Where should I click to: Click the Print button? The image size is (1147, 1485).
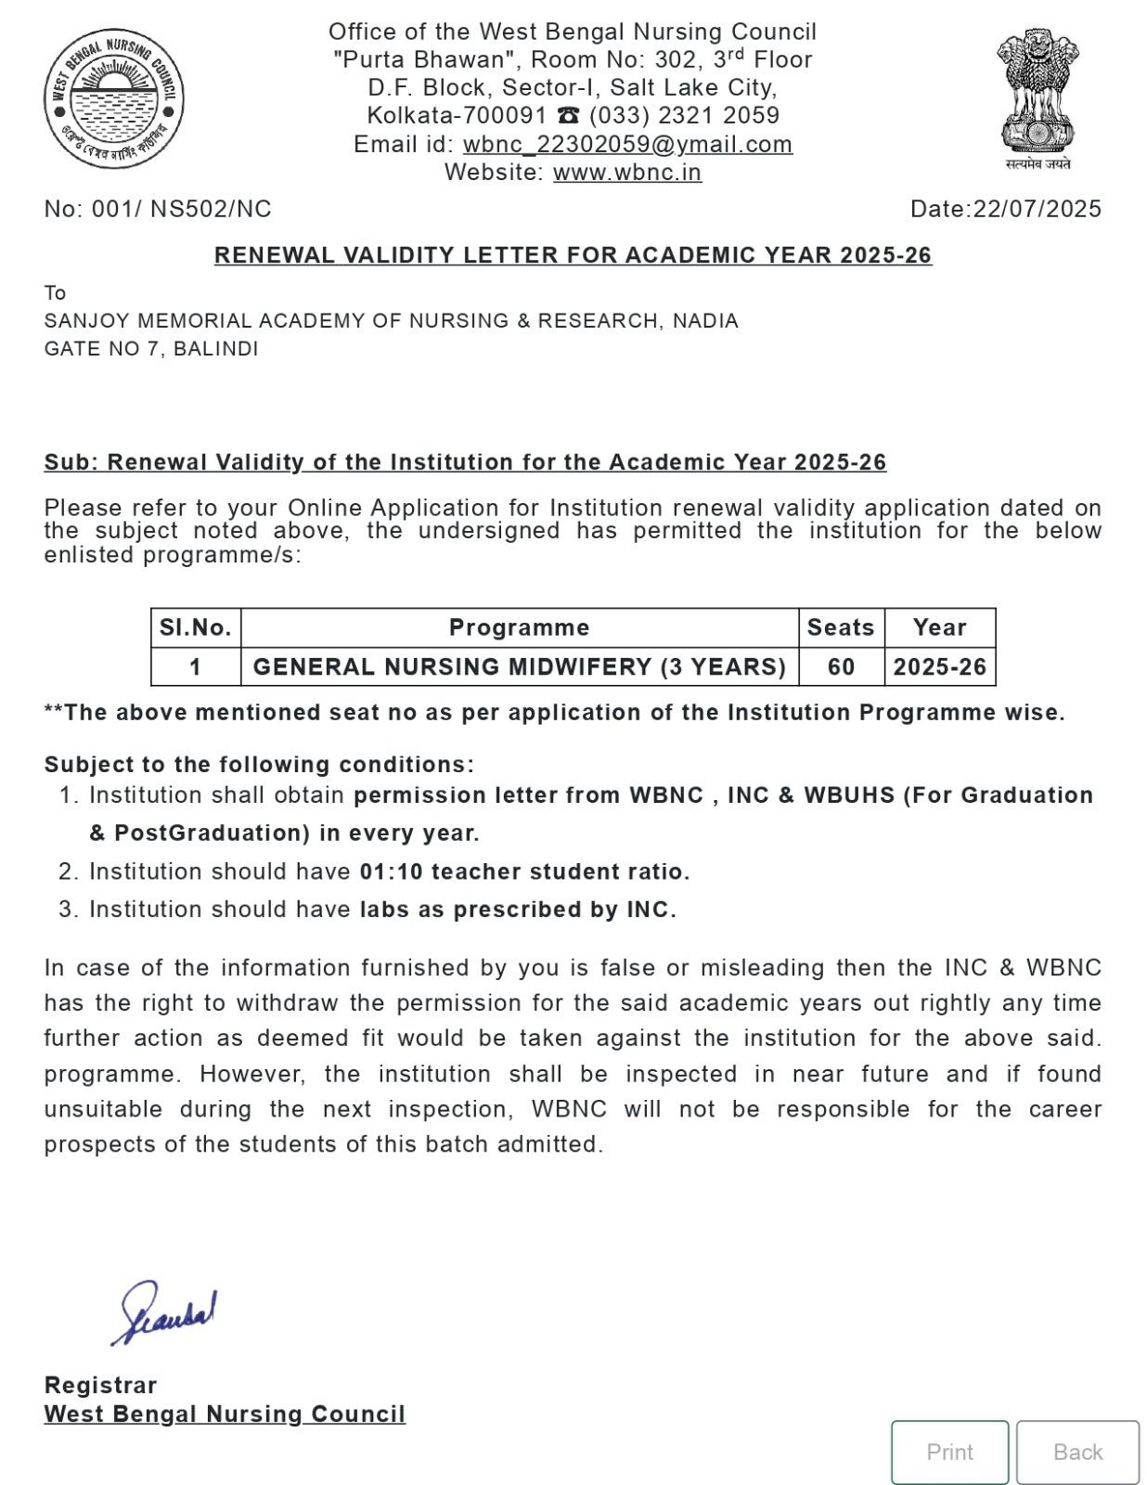[949, 1452]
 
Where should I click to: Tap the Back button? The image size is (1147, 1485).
[1077, 1452]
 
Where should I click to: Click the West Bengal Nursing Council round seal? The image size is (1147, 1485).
[114, 98]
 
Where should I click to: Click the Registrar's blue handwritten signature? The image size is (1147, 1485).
[165, 1312]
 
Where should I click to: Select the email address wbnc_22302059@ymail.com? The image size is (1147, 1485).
[627, 144]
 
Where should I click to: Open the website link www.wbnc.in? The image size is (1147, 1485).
[627, 173]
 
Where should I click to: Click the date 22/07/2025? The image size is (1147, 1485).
[1037, 209]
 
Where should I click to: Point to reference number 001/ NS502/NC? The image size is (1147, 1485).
[181, 209]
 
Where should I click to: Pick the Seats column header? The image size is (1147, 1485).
[841, 627]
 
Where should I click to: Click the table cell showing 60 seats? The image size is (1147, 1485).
[841, 666]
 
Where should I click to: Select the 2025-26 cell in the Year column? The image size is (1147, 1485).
[939, 666]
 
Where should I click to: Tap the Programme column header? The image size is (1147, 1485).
[519, 627]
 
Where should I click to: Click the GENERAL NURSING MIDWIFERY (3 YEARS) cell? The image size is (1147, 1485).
[519, 666]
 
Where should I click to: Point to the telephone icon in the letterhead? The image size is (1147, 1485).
[568, 116]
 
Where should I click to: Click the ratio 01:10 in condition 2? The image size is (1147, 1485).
[391, 872]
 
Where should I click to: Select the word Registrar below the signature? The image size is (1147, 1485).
[100, 1385]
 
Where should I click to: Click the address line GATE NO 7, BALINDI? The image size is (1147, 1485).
[151, 349]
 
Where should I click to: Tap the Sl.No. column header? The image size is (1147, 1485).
[195, 627]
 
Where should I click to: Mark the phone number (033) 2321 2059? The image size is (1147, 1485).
[684, 116]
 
